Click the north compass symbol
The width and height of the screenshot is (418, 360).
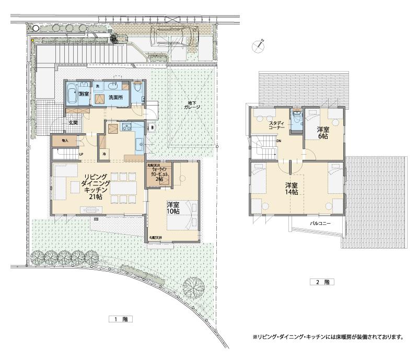[258, 45]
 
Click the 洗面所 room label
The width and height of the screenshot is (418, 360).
[115, 97]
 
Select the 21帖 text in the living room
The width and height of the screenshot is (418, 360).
[96, 198]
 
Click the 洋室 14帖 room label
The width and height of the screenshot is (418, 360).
[292, 189]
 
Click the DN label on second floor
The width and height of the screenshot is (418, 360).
[279, 141]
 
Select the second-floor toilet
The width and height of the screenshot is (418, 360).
[297, 120]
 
